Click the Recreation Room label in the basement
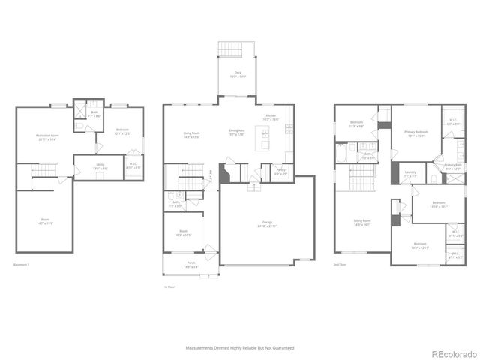[47, 136]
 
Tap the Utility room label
[100, 166]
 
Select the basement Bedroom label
[122, 131]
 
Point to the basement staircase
[43, 174]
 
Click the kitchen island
[262, 138]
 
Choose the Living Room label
[191, 135]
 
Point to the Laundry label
[410, 173]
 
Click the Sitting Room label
[363, 222]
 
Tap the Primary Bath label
[453, 166]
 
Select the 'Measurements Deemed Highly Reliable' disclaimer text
[240, 348]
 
